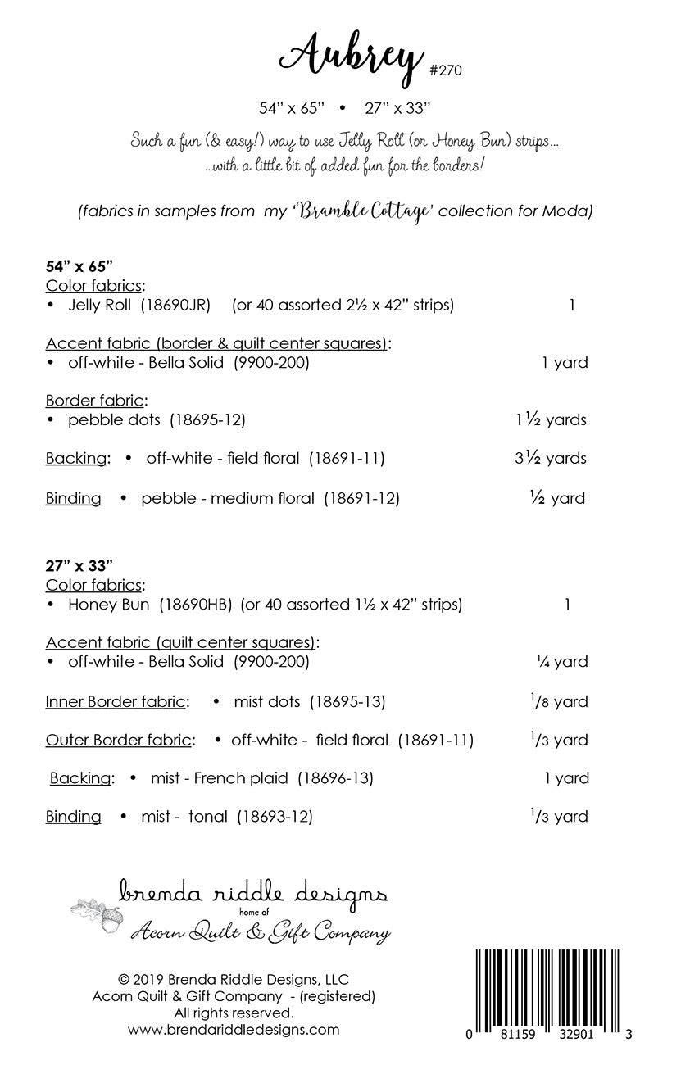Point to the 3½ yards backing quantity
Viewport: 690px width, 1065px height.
point(551,458)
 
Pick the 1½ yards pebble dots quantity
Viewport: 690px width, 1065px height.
point(551,419)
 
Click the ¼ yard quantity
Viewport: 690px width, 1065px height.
point(559,661)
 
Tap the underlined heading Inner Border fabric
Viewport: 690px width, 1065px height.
point(117,701)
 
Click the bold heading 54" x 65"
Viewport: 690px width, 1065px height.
point(79,266)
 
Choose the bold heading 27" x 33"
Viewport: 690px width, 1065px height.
point(79,565)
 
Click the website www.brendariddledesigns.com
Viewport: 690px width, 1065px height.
point(234,1030)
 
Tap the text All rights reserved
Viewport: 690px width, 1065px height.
point(234,1013)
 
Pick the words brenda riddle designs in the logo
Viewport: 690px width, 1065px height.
point(254,891)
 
